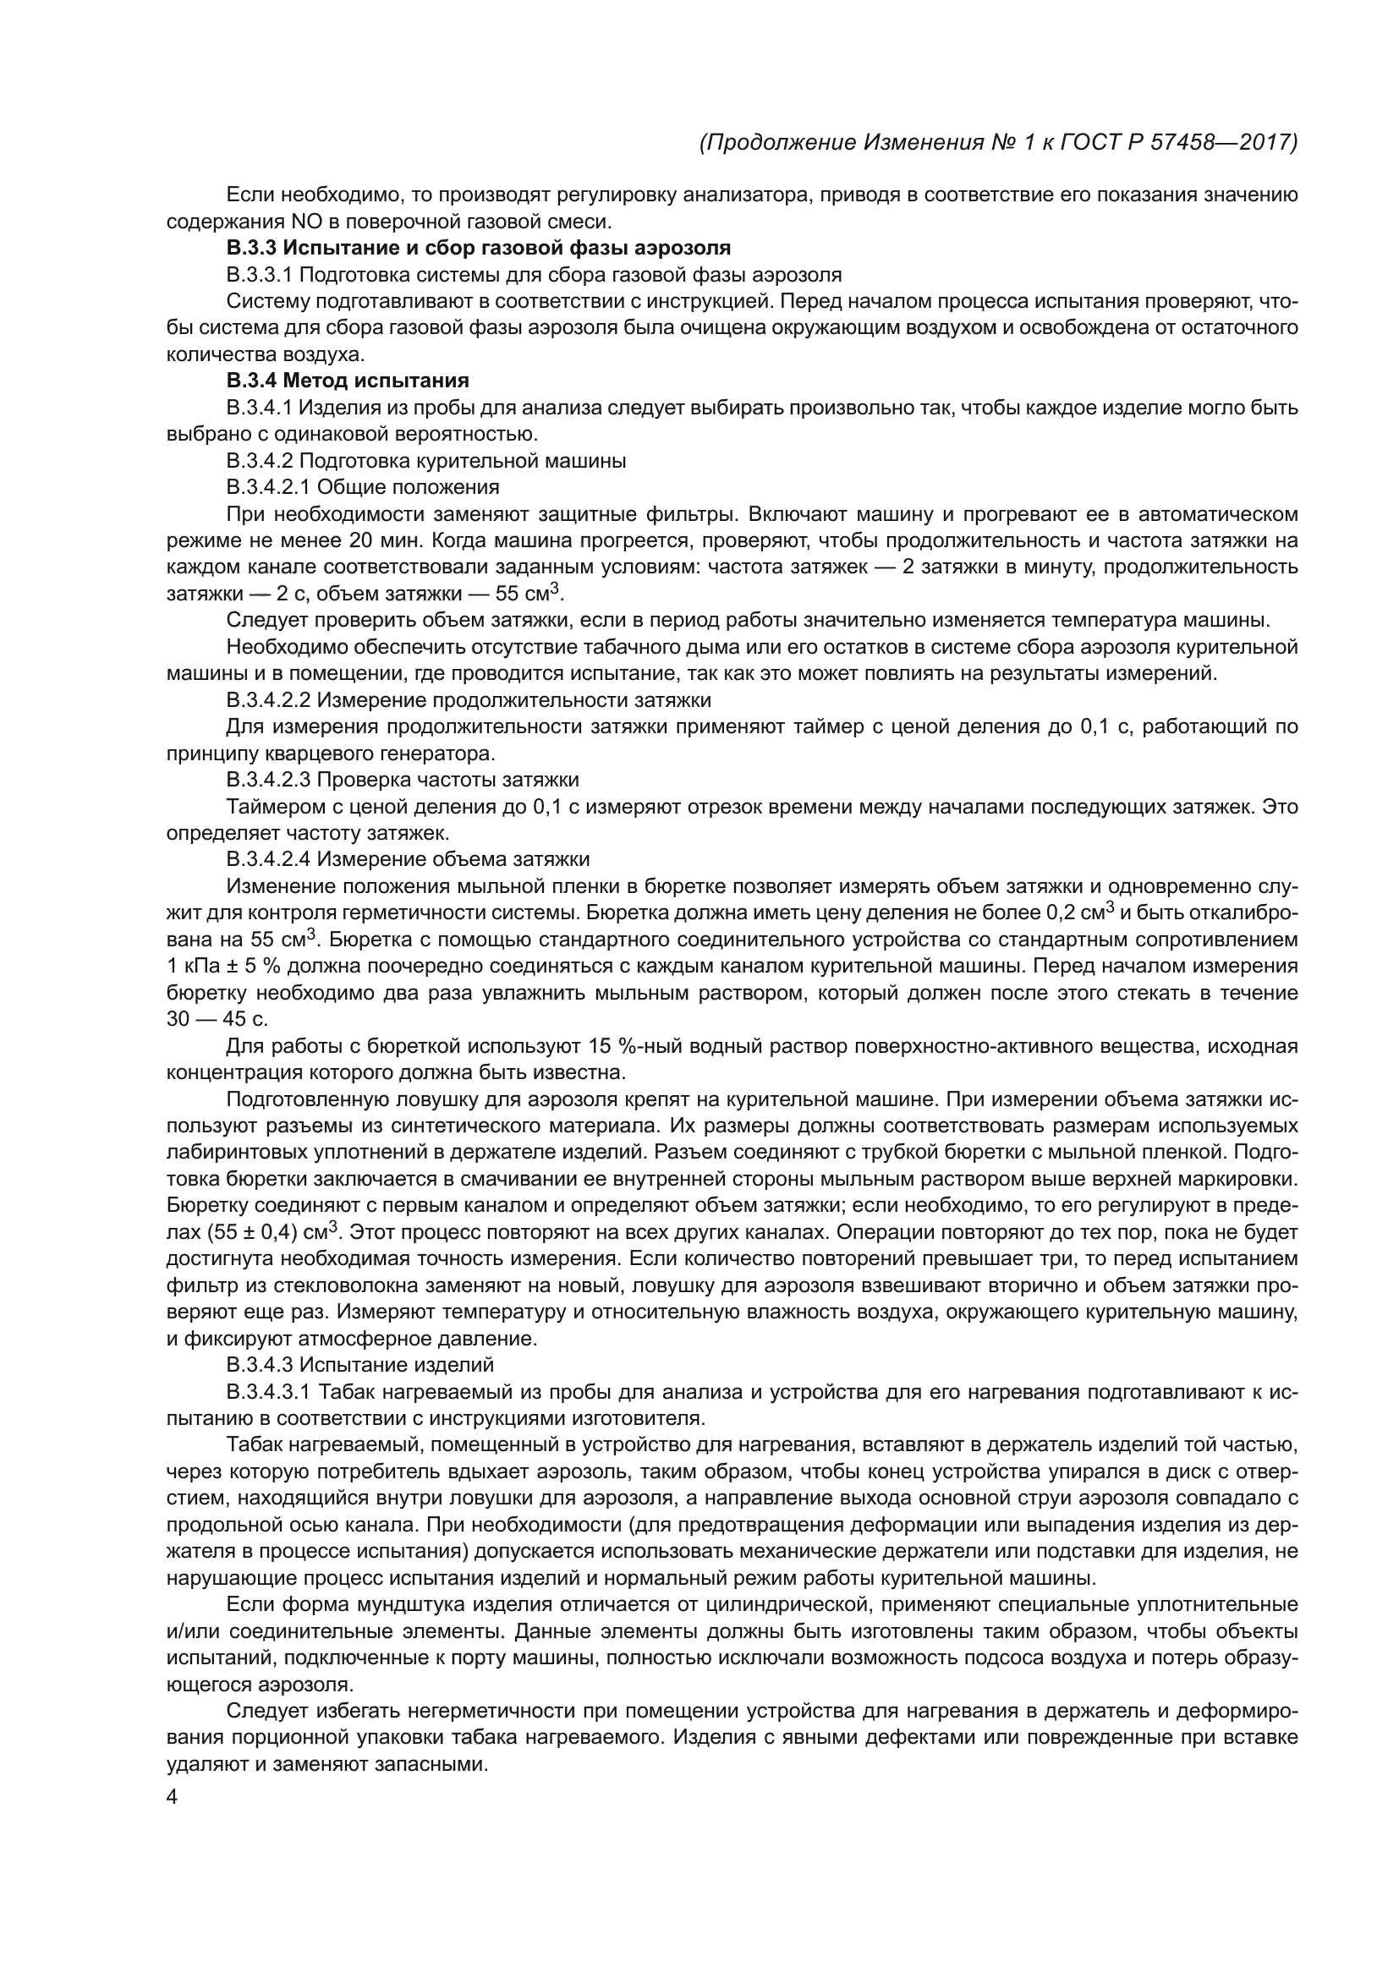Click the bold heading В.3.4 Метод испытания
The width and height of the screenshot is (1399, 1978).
[348, 381]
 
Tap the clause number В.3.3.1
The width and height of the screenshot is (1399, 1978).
[260, 275]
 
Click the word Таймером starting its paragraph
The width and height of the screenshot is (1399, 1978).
[270, 807]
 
